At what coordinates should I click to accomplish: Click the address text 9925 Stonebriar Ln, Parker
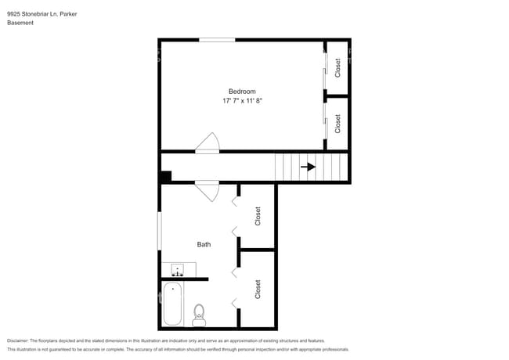click(x=41, y=14)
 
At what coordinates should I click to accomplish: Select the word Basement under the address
click(x=20, y=23)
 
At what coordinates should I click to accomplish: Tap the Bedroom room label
click(x=242, y=92)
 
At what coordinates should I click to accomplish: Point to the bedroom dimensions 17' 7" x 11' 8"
click(x=242, y=101)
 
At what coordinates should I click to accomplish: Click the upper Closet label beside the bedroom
click(x=338, y=67)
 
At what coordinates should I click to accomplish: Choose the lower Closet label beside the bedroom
click(x=338, y=124)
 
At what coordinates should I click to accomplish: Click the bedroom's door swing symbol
click(x=208, y=142)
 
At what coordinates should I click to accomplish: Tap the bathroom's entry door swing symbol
click(x=208, y=189)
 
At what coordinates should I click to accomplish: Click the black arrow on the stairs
click(x=309, y=167)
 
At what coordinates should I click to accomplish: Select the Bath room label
click(x=204, y=244)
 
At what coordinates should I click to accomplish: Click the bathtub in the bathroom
click(x=172, y=305)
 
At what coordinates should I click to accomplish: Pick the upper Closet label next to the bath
click(x=257, y=216)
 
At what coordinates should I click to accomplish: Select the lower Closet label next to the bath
click(x=257, y=289)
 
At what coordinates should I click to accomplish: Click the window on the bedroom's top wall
click(x=216, y=40)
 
